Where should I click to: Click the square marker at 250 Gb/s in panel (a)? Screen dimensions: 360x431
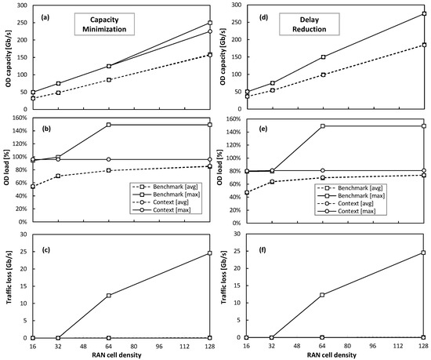pos(209,23)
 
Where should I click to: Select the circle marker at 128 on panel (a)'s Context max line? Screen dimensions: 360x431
pos(209,31)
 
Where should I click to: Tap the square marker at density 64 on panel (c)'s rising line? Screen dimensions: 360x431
pos(109,296)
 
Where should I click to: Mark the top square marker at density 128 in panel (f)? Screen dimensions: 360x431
pos(424,253)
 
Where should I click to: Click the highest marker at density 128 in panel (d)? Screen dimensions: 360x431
pos(424,13)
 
